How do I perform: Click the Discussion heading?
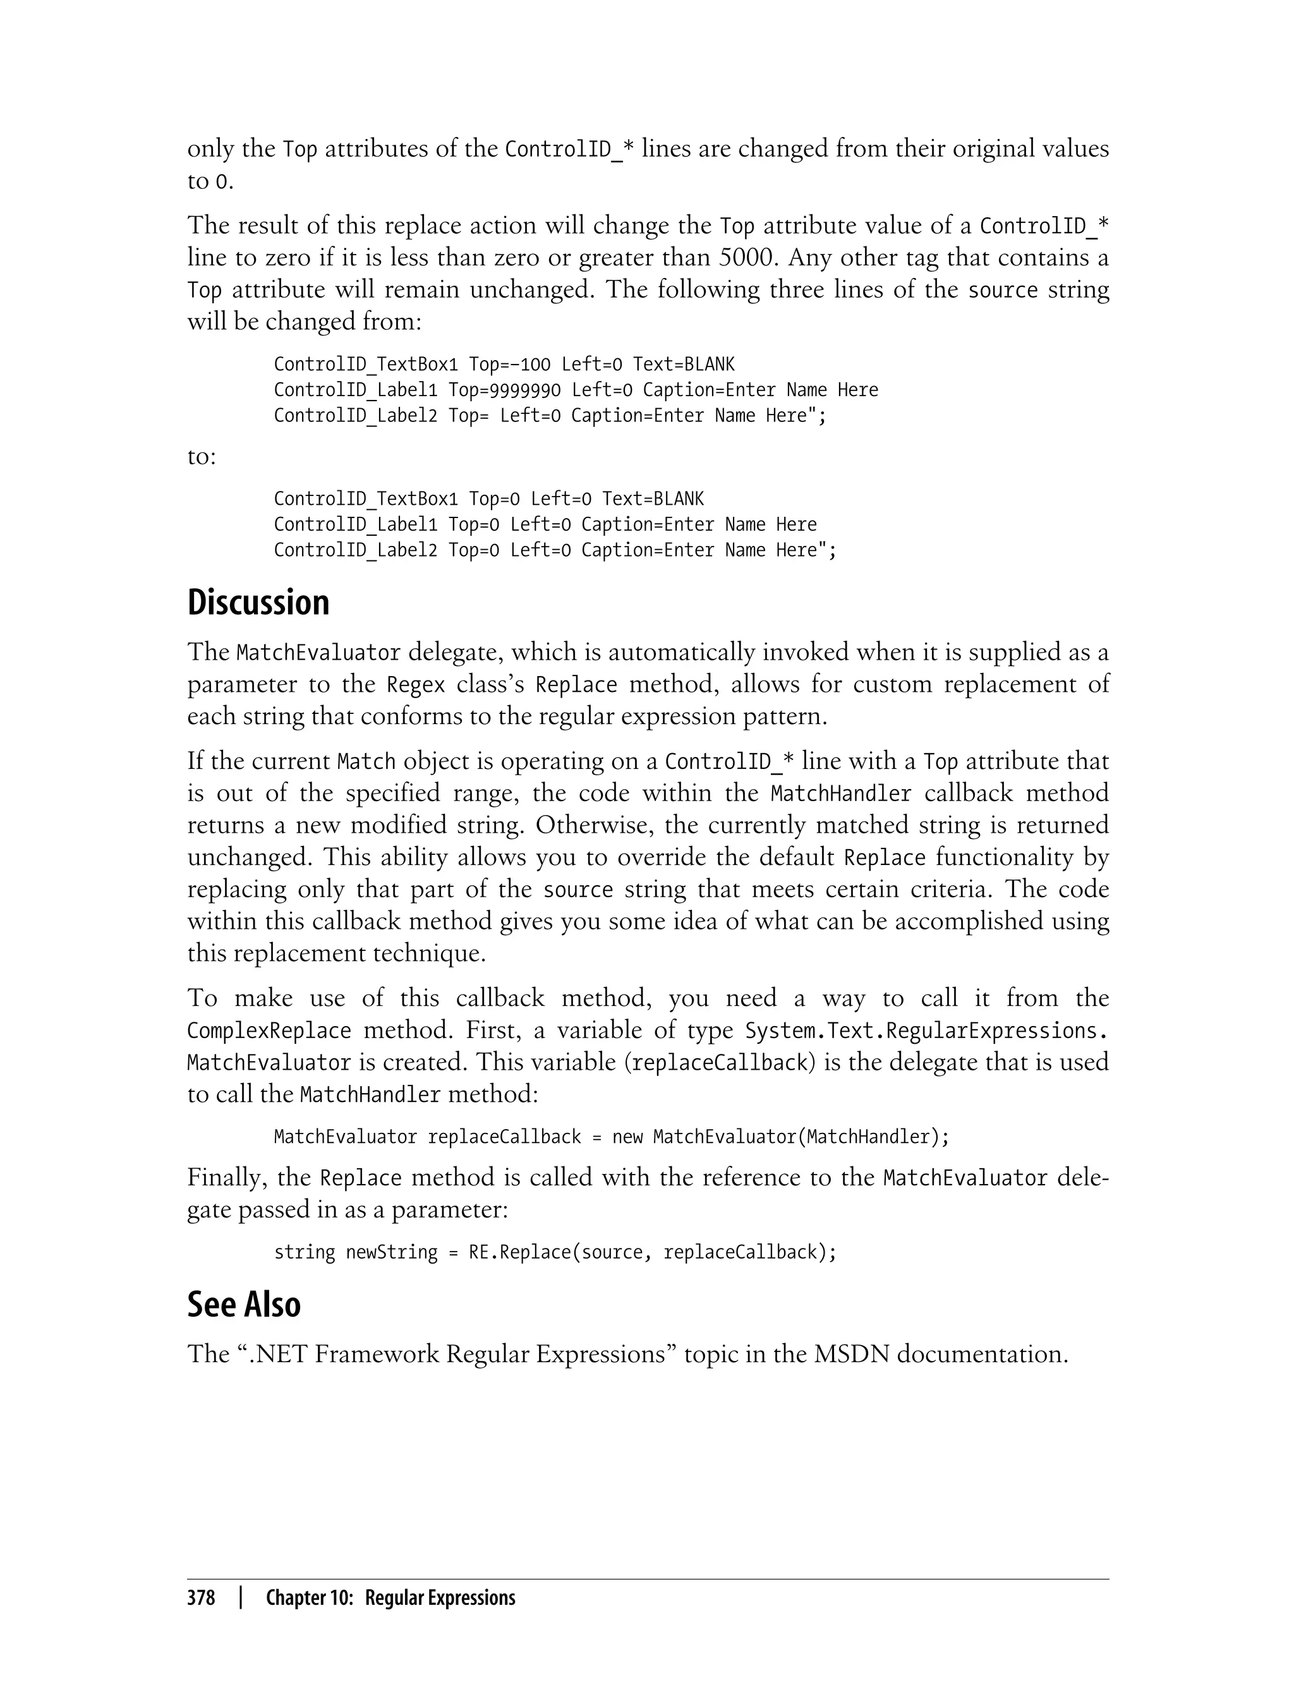pos(258,603)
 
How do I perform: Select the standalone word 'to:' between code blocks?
pos(202,457)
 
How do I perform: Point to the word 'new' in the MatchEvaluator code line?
pos(627,1137)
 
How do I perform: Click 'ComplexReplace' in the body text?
pos(269,1031)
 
